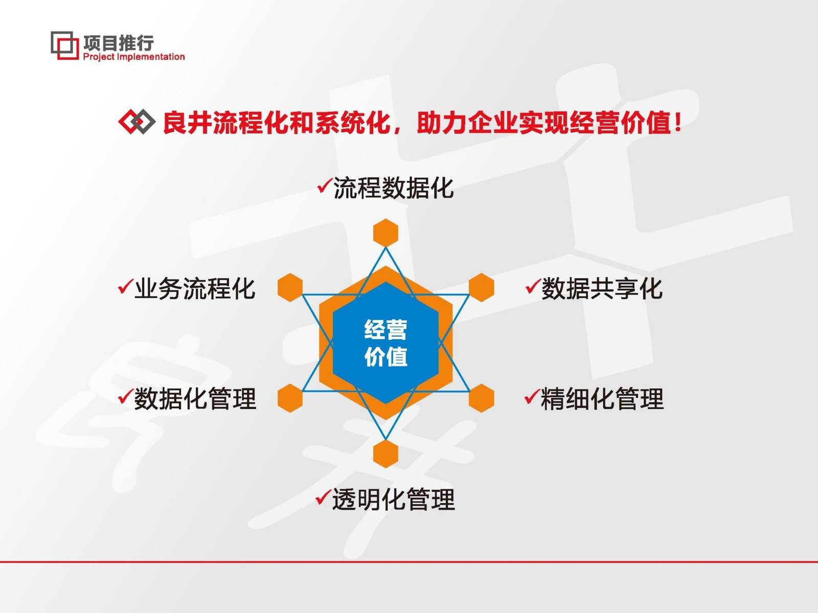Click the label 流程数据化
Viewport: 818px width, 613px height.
pyautogui.click(x=393, y=188)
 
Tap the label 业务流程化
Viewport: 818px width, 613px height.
pyautogui.click(x=194, y=289)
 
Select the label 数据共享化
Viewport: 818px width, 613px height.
pyautogui.click(x=602, y=289)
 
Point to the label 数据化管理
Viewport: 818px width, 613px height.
pyautogui.click(x=195, y=399)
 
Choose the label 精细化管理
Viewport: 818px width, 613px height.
pyautogui.click(x=602, y=399)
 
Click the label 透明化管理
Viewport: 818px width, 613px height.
pyautogui.click(x=393, y=500)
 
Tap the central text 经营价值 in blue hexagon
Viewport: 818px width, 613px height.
pyautogui.click(x=386, y=343)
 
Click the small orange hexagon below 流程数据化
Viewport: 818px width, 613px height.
pyautogui.click(x=386, y=232)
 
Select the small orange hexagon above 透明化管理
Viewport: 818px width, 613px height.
pyautogui.click(x=386, y=453)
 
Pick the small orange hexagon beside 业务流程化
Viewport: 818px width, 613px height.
pyautogui.click(x=290, y=287)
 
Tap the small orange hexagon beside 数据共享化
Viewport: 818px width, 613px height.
pyautogui.click(x=482, y=287)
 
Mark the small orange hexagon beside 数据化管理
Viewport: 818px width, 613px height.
pyautogui.click(x=290, y=398)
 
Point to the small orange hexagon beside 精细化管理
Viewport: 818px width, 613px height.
pyautogui.click(x=482, y=398)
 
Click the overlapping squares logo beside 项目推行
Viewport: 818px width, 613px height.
pyautogui.click(x=64, y=45)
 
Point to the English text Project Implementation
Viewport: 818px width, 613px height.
pyautogui.click(x=134, y=57)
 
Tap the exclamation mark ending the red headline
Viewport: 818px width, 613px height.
pyautogui.click(x=678, y=123)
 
